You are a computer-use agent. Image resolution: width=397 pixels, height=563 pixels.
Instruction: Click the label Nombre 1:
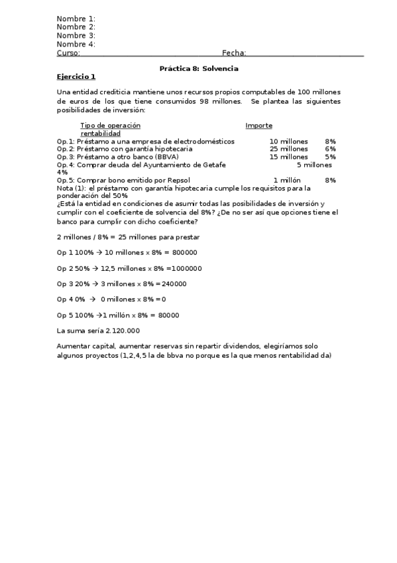[76, 19]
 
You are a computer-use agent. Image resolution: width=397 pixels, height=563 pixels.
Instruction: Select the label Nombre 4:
[76, 44]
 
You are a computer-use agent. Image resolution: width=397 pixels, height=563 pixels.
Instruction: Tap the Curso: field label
[68, 53]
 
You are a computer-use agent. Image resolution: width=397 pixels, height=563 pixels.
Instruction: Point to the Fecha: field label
[234, 53]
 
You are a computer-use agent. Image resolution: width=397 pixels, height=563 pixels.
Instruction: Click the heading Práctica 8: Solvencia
[199, 69]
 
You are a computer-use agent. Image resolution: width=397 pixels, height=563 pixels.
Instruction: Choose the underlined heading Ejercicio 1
[76, 77]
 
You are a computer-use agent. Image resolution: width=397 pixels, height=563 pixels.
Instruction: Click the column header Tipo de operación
[110, 125]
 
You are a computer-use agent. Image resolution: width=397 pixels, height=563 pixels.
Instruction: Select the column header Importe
[258, 125]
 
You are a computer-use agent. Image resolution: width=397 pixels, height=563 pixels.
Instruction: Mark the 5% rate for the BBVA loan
[330, 157]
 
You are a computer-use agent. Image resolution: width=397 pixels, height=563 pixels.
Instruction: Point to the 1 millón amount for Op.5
[287, 181]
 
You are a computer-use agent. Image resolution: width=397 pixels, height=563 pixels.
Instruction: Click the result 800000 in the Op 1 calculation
[185, 253]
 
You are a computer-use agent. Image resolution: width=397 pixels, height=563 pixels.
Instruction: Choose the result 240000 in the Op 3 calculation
[174, 284]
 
